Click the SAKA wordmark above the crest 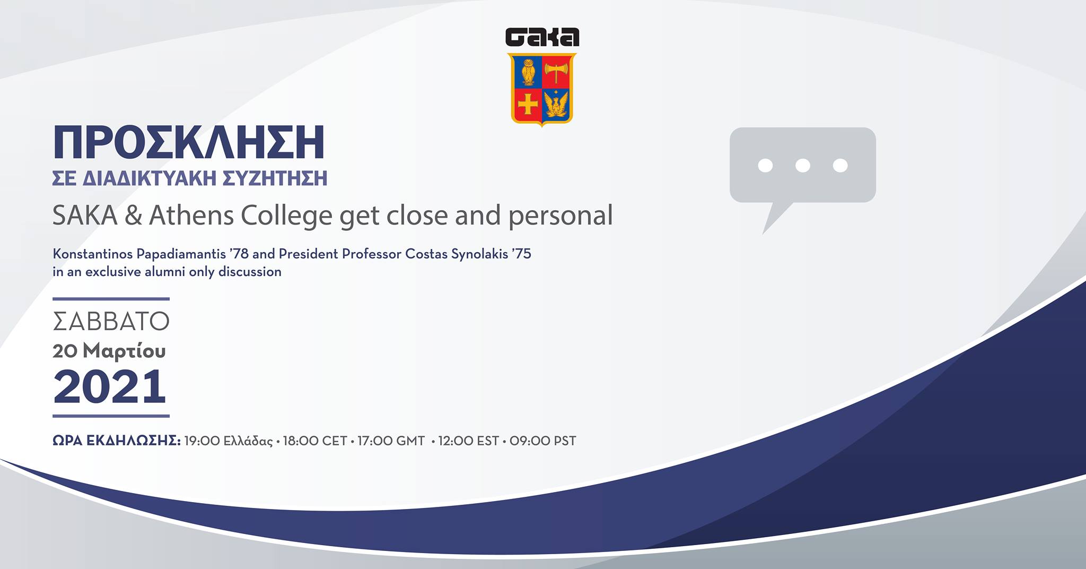coord(542,37)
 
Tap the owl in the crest coord(527,72)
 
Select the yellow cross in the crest coord(528,104)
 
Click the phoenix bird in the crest coord(556,104)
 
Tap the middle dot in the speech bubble coord(803,166)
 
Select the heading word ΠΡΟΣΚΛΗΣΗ coord(189,143)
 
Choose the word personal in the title coord(560,216)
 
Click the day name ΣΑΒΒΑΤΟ coord(111,321)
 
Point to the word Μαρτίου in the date coord(124,351)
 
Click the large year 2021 coord(110,386)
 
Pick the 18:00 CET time coord(315,441)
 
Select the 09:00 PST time coord(543,441)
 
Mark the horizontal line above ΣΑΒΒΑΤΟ coord(111,299)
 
